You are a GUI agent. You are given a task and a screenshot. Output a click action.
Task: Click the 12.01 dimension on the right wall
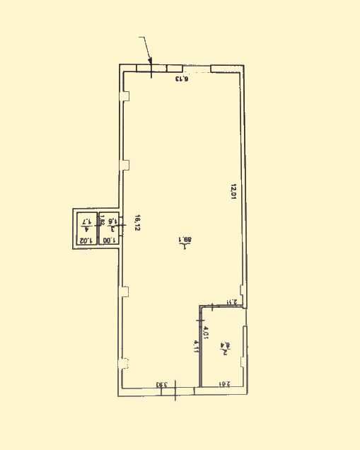click(232, 192)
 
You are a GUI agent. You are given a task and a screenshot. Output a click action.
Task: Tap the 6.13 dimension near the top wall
click(182, 79)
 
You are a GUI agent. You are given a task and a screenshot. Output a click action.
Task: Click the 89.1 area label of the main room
click(185, 241)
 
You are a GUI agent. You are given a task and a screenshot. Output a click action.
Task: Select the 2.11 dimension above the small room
click(231, 303)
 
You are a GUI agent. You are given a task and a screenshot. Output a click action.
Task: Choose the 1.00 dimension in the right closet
click(108, 241)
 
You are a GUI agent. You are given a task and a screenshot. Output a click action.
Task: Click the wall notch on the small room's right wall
click(243, 361)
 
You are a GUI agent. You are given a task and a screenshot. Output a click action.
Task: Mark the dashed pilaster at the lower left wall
click(125, 364)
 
